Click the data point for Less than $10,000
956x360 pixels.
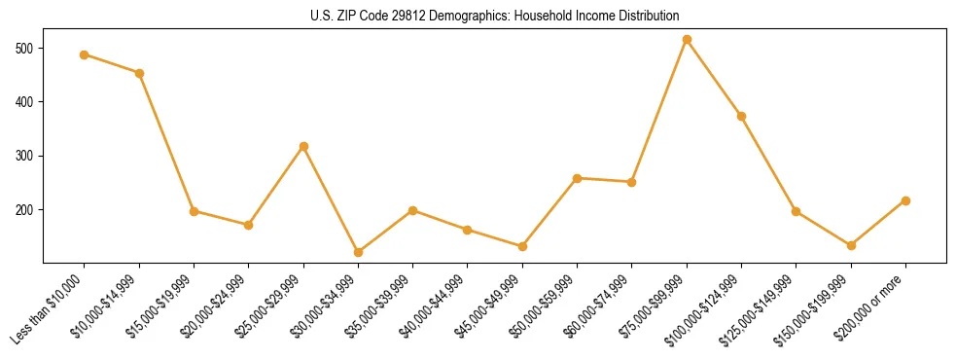click(x=85, y=54)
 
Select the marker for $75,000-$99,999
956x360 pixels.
click(x=687, y=40)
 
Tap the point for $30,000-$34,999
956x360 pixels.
click(x=358, y=252)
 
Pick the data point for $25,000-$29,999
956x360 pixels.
click(x=303, y=146)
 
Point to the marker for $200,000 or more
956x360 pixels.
click(x=905, y=200)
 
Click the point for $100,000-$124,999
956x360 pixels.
click(x=741, y=116)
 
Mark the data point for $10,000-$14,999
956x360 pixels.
click(x=139, y=73)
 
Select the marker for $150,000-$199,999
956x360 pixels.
click(x=851, y=245)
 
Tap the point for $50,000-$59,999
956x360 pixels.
click(x=577, y=178)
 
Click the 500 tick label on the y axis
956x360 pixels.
click(x=24, y=48)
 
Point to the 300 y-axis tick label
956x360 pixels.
click(x=24, y=156)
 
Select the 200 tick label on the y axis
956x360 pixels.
click(x=24, y=209)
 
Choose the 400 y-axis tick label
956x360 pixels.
click(x=24, y=101)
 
